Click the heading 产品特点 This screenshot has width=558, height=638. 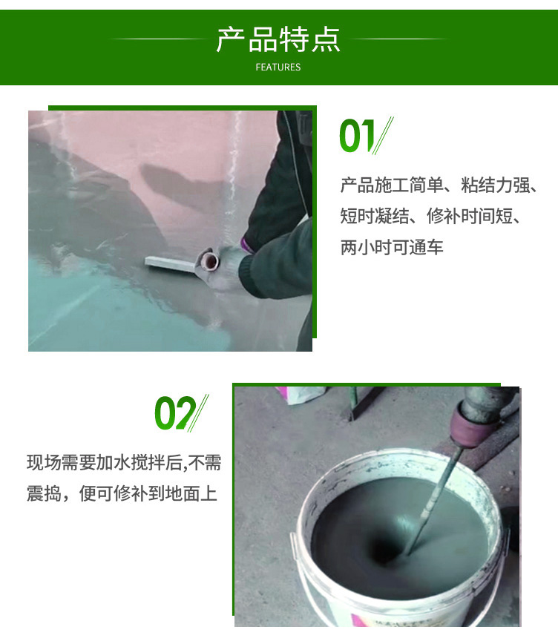278,39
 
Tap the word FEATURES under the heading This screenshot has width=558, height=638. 278,67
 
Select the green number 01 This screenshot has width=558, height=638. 357,136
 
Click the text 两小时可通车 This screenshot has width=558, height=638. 392,247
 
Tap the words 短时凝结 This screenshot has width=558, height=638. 375,216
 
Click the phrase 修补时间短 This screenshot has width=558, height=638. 470,216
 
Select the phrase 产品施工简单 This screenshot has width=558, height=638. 392,185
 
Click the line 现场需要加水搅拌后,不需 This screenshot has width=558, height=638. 124,463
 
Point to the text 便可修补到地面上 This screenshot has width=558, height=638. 148,493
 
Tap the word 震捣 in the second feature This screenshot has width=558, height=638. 44,493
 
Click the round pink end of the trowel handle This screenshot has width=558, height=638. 209,261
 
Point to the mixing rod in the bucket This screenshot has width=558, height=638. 435,500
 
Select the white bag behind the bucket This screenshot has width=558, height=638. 301,394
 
